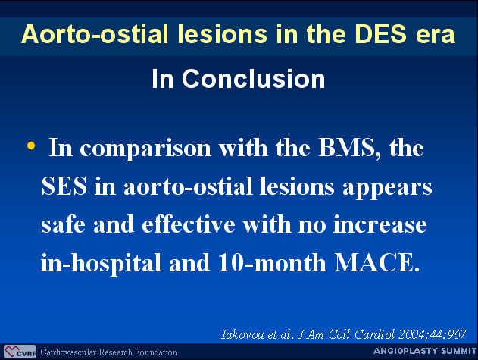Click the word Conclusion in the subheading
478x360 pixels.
click(x=254, y=79)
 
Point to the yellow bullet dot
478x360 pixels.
click(x=31, y=146)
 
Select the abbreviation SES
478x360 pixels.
click(x=64, y=186)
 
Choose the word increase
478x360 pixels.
click(x=380, y=224)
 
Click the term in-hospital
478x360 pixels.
click(x=101, y=263)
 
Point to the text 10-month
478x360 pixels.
click(x=272, y=263)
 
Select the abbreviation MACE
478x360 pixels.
click(x=377, y=263)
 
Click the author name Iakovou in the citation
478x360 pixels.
click(x=243, y=335)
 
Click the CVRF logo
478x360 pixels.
click(x=20, y=352)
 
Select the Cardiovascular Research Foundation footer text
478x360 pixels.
click(x=109, y=352)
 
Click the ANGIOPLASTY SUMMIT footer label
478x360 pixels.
click(x=425, y=351)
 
